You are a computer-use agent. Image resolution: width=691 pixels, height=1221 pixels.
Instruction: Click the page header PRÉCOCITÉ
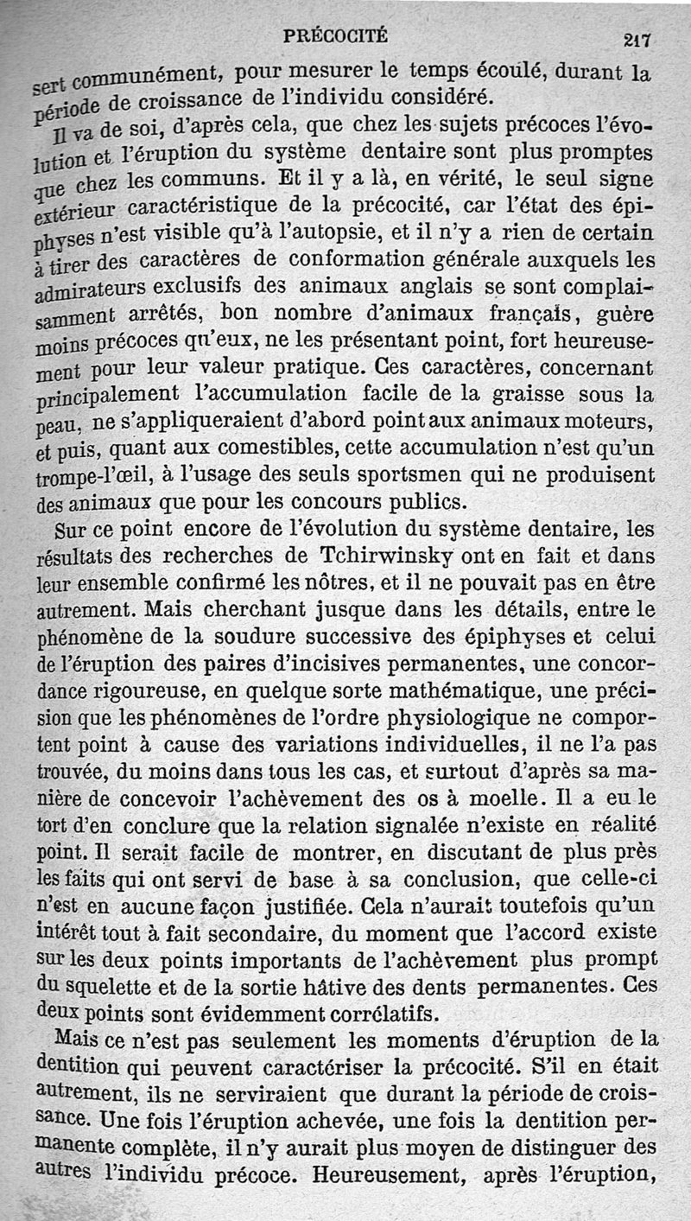pyautogui.click(x=336, y=35)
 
